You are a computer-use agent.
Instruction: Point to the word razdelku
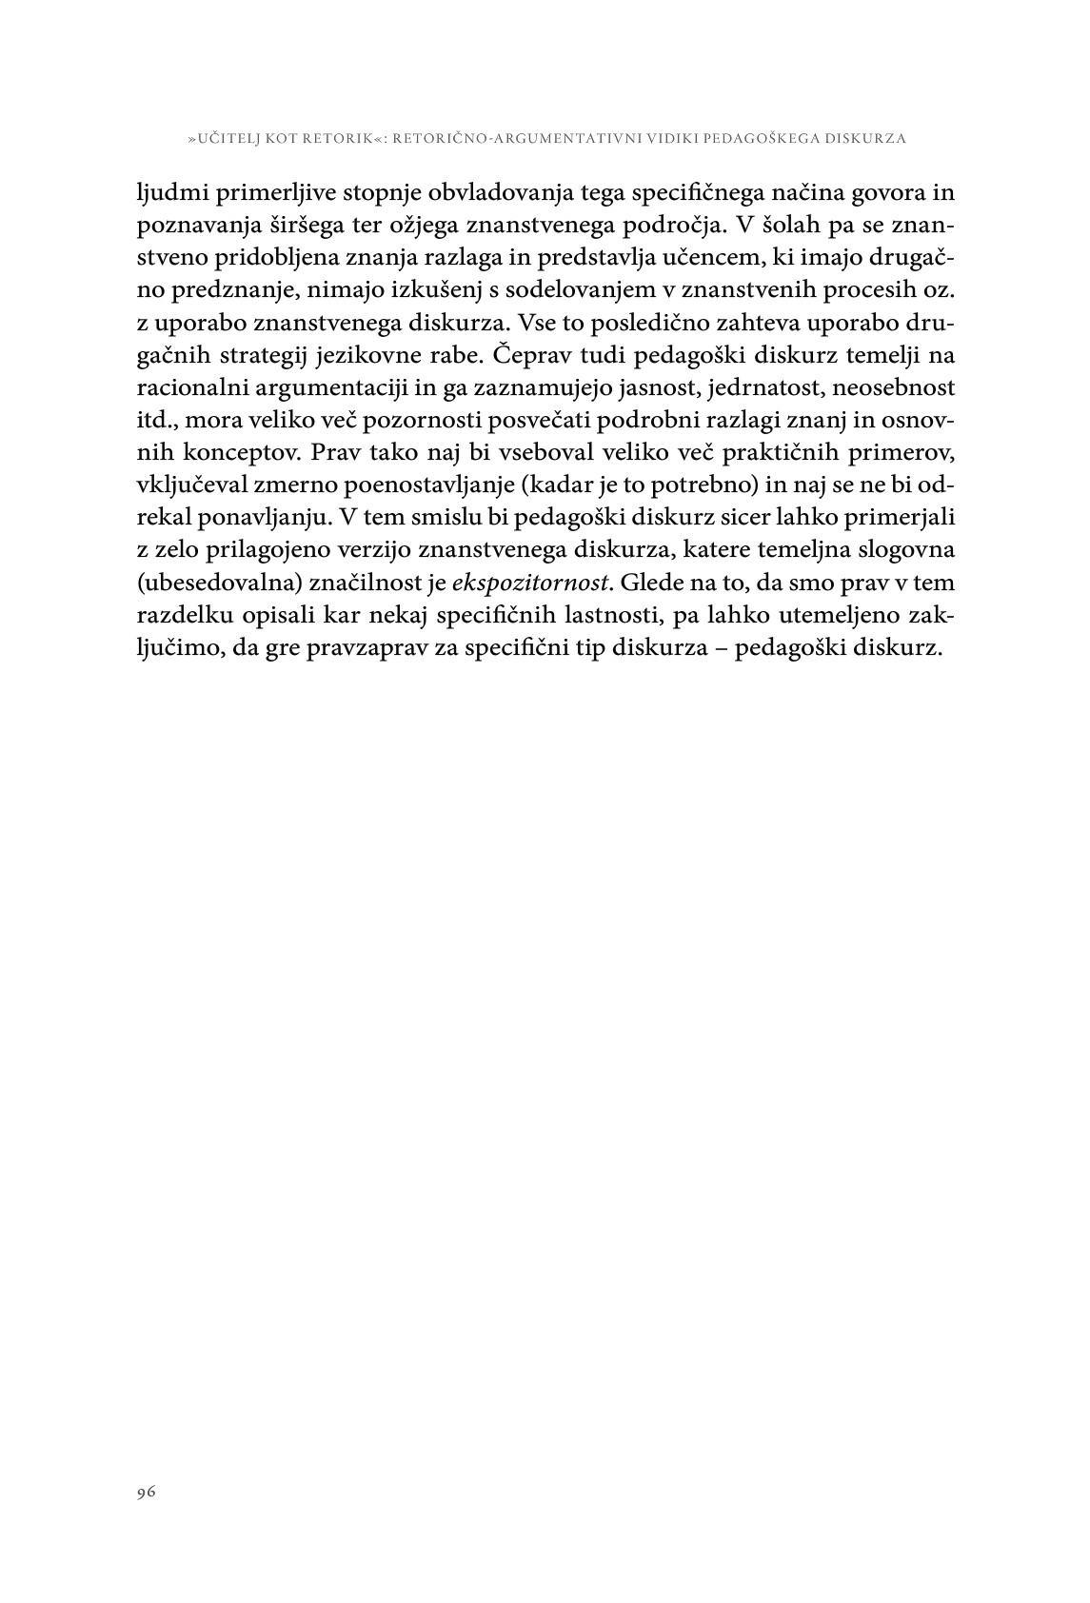(x=180, y=615)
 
